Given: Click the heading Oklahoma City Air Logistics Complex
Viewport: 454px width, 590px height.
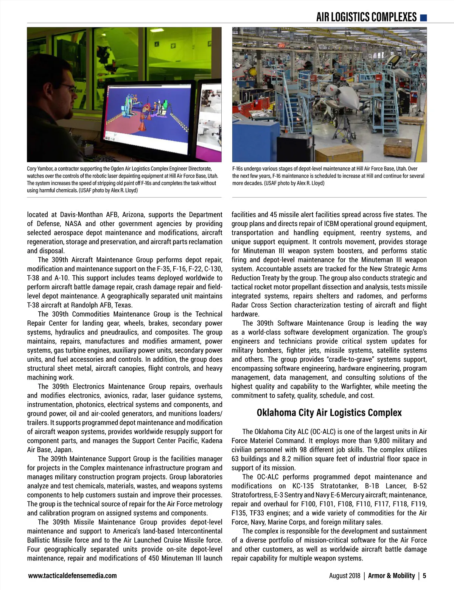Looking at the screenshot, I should tap(329, 412).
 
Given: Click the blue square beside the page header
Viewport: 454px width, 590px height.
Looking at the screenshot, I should tap(424, 17).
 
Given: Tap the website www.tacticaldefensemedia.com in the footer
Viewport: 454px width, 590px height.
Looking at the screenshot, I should tap(72, 576).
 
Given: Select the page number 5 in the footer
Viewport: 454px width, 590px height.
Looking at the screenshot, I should tap(424, 576).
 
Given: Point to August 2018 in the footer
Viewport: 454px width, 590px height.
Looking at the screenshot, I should tap(345, 576).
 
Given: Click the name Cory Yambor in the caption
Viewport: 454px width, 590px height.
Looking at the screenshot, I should tap(41, 169).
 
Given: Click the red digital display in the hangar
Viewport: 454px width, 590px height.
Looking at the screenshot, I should tap(282, 45).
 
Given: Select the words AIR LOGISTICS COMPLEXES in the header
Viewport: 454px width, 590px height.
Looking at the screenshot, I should tap(366, 17).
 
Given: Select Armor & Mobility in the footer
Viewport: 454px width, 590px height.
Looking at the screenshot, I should tap(392, 576).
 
